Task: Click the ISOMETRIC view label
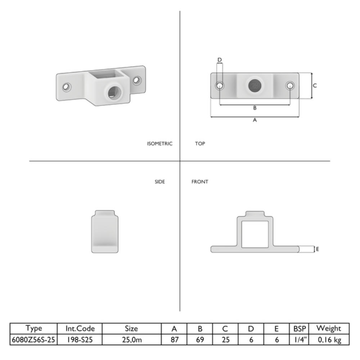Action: coord(159,144)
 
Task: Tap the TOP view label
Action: coord(200,144)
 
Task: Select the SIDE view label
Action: coord(160,182)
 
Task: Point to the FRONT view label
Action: coord(200,182)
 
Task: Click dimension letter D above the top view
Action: coord(220,60)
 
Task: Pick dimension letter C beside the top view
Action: coord(315,86)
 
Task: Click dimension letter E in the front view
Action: coord(318,249)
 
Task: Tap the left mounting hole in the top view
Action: coord(220,86)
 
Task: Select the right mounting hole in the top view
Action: coord(290,86)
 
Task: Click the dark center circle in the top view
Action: coord(255,86)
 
